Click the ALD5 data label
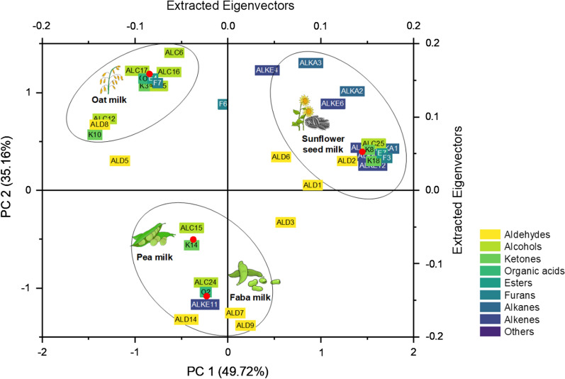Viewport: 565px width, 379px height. coord(120,161)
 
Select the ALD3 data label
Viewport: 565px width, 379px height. coord(285,223)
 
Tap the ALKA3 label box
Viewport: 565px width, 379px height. coord(311,63)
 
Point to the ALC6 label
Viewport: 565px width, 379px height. coord(174,53)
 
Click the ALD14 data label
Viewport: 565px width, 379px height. coord(186,319)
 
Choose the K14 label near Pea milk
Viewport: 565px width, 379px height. coord(191,245)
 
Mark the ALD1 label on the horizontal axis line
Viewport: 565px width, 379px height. coord(313,185)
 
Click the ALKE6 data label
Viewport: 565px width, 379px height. coord(332,104)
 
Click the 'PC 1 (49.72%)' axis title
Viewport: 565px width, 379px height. coord(227,370)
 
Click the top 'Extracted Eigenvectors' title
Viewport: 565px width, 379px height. coord(227,6)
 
